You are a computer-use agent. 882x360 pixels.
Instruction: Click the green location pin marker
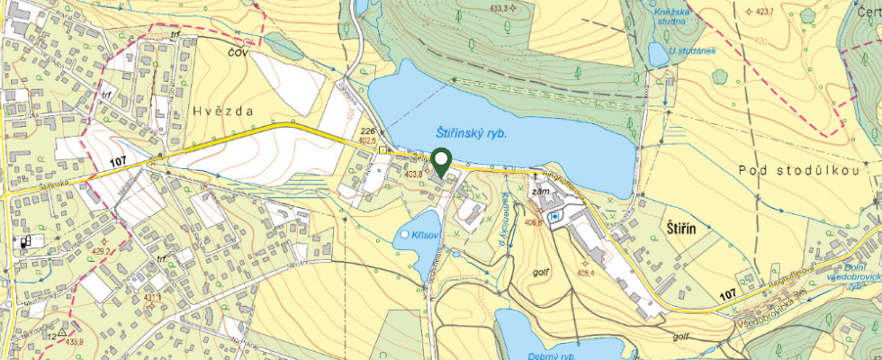coord(441,162)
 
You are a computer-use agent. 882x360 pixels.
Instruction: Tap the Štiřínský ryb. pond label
coord(465,132)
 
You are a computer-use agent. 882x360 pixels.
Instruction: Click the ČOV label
coord(238,52)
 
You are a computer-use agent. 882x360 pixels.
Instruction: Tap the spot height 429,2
coord(106,250)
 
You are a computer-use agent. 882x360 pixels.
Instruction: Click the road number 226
coord(366,131)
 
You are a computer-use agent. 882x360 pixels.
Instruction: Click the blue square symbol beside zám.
coord(555,216)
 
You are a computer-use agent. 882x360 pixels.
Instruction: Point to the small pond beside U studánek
coord(658,54)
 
